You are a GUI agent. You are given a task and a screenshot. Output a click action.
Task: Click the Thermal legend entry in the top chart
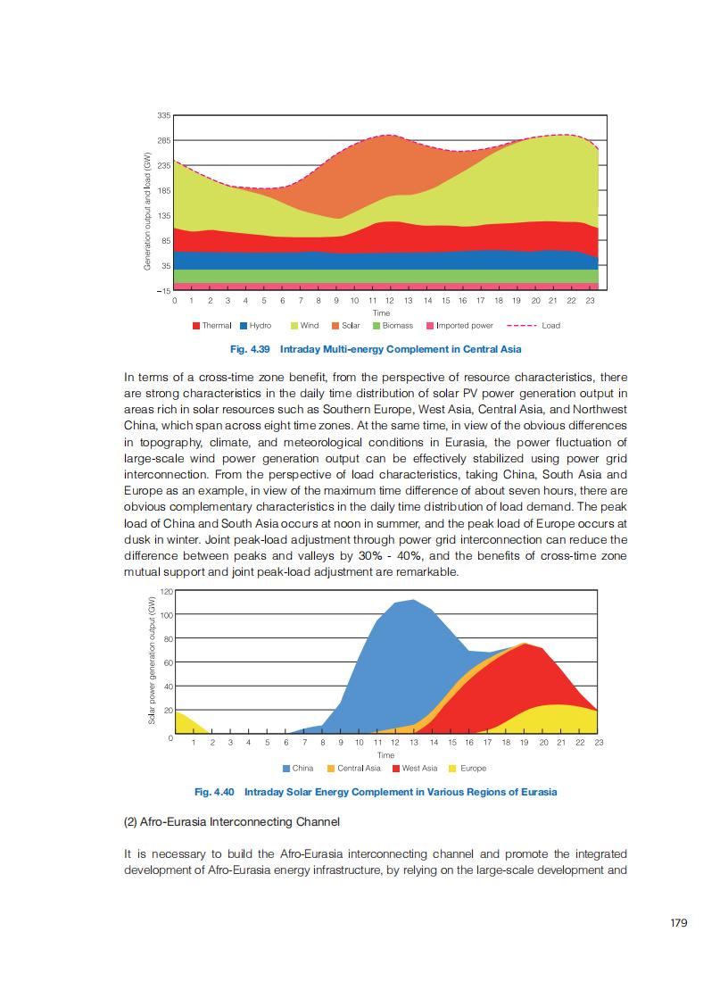click(212, 326)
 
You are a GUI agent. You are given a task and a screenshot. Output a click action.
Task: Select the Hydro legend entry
click(256, 326)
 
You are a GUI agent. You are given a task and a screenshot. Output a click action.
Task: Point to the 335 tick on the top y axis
click(164, 115)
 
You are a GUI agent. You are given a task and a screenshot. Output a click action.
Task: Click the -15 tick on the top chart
click(163, 291)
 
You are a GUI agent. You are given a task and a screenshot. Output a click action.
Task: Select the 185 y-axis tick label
click(164, 191)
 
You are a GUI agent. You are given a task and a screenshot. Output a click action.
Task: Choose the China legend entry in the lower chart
click(298, 768)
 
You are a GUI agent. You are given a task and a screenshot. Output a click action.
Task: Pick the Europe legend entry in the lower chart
click(468, 768)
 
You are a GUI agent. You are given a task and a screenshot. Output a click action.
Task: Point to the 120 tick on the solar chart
click(167, 592)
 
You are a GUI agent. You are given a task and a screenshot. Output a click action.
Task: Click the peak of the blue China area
click(412, 601)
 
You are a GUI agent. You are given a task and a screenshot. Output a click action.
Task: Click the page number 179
click(679, 924)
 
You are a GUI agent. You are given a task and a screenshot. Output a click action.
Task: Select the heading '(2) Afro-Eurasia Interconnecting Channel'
click(231, 820)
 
